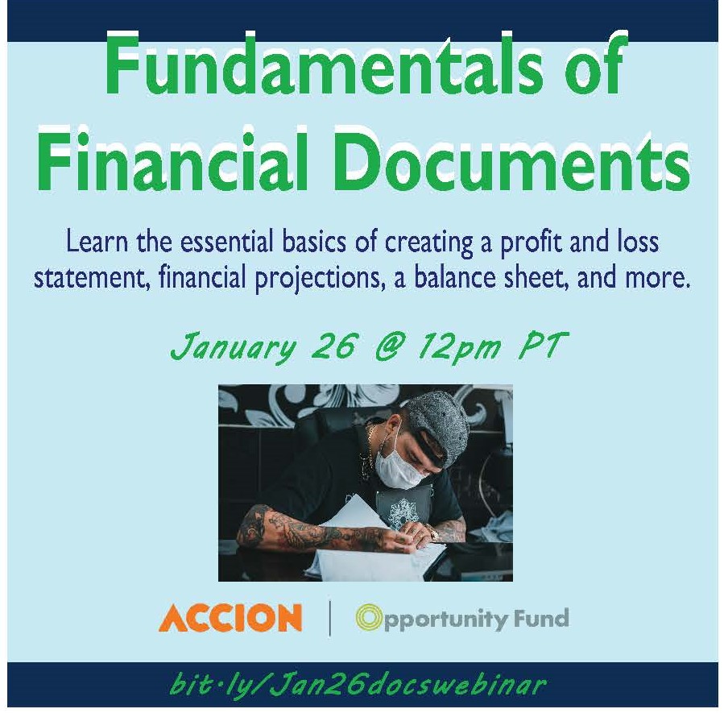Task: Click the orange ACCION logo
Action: (x=230, y=617)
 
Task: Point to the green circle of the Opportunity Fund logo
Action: (x=368, y=617)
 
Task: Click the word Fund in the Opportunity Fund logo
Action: (x=540, y=618)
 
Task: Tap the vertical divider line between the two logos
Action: (x=329, y=618)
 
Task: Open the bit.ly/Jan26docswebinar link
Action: (x=358, y=684)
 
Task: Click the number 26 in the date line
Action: (x=334, y=346)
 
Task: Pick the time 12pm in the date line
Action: (x=458, y=347)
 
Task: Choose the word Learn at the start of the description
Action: (x=96, y=242)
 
